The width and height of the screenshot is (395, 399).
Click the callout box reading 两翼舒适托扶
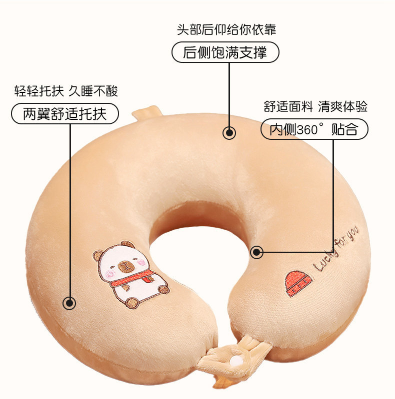pyautogui.click(x=65, y=114)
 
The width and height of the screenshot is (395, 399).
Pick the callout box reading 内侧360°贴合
pyautogui.click(x=314, y=130)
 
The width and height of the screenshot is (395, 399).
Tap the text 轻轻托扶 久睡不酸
pyautogui.click(x=66, y=91)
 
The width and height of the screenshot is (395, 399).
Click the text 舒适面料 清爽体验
pyautogui.click(x=315, y=106)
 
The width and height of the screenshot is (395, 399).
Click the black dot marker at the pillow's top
pyautogui.click(x=229, y=133)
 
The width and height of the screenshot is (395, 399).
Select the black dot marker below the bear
pyautogui.click(x=69, y=303)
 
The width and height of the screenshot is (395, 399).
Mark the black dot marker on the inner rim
pyautogui.click(x=257, y=252)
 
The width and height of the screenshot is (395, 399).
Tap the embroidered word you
pyautogui.click(x=353, y=235)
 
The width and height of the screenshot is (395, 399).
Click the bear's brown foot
pyautogui.click(x=132, y=302)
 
